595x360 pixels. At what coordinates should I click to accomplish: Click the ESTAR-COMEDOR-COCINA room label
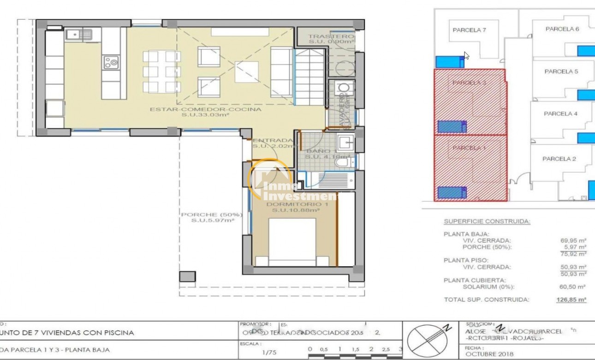tap(205, 109)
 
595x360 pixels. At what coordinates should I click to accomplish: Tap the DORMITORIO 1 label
tap(291, 204)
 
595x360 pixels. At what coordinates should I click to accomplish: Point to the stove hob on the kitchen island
tap(111, 62)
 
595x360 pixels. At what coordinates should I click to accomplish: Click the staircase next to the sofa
tap(309, 78)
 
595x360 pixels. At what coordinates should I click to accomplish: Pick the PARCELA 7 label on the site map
tap(469, 30)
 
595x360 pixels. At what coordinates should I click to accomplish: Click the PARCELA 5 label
tap(561, 72)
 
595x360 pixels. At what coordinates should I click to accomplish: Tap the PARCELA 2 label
tap(559, 159)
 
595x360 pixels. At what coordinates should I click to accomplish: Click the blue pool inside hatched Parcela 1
tap(452, 192)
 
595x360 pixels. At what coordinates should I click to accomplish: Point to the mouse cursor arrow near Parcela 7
tap(466, 56)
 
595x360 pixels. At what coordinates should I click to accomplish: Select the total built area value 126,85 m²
tap(571, 300)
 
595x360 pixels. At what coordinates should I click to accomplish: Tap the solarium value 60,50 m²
tap(572, 287)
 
